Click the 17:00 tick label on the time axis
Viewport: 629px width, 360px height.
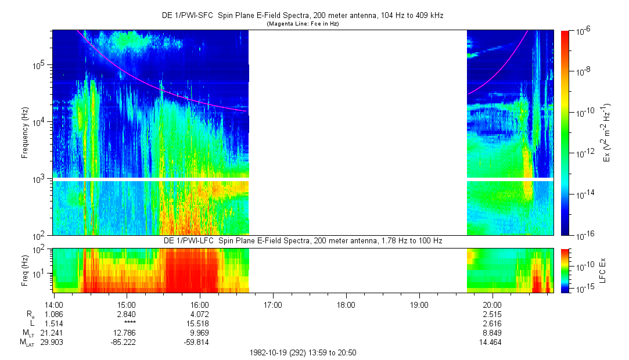tap(273, 305)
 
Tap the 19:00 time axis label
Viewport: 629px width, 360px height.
tap(419, 305)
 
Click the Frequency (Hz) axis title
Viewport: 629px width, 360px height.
tap(25, 133)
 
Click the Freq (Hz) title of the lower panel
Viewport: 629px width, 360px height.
tap(25, 271)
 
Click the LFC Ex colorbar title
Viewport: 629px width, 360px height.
tap(602, 271)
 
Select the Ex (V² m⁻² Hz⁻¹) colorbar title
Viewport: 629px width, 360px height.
tap(606, 133)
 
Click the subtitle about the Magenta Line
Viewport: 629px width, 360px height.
tap(303, 24)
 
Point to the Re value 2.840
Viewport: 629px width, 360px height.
tap(125, 314)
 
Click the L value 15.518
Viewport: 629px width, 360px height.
tap(198, 323)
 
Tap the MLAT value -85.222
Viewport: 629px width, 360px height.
tap(123, 343)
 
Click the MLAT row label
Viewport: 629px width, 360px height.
tap(27, 343)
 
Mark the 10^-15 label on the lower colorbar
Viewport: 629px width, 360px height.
tap(585, 289)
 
